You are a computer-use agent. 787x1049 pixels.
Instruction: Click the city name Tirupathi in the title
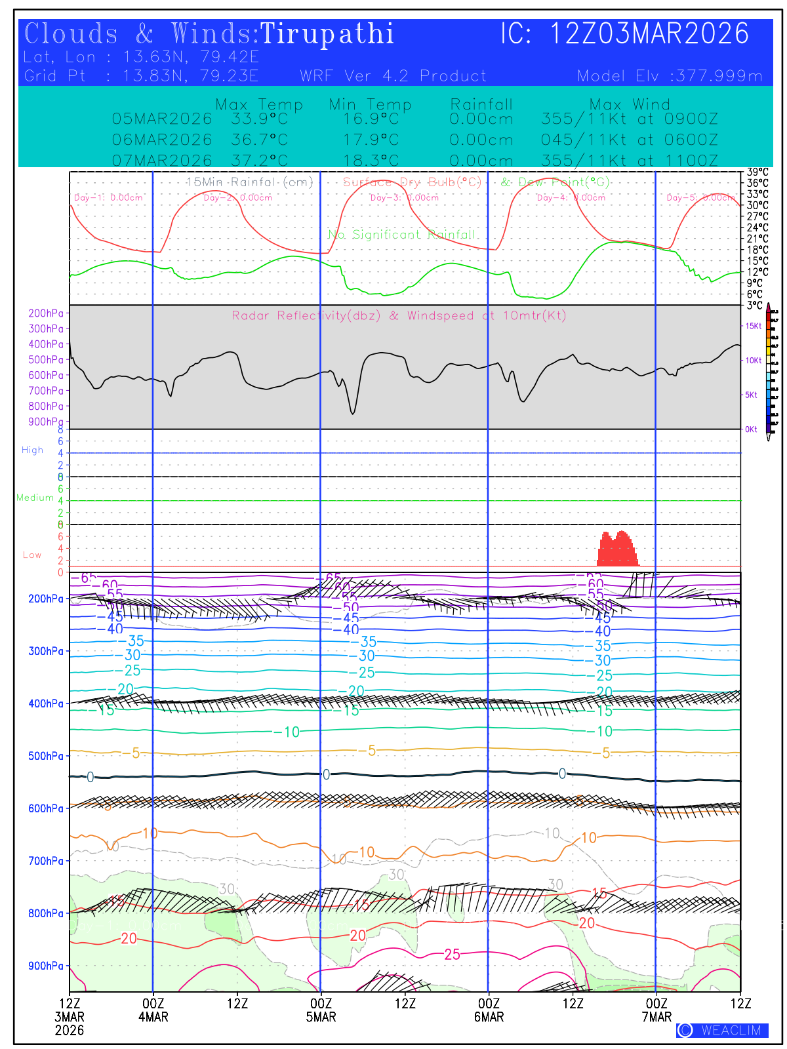[x=327, y=34]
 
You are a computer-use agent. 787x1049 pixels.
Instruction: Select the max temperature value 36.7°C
[x=259, y=140]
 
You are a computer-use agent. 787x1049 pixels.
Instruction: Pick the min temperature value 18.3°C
[x=371, y=161]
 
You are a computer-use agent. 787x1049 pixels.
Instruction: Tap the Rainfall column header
[x=481, y=104]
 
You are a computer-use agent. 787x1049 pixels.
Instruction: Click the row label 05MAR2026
[x=162, y=119]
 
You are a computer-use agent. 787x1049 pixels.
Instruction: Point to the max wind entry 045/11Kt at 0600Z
[x=629, y=140]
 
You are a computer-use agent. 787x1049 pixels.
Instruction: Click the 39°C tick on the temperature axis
[x=757, y=172]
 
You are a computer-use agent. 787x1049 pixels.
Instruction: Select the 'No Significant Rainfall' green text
[x=401, y=234]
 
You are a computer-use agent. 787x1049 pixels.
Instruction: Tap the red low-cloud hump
[x=616, y=549]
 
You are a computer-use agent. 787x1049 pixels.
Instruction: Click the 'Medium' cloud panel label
[x=35, y=498]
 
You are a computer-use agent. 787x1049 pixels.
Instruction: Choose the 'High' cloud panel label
[x=32, y=450]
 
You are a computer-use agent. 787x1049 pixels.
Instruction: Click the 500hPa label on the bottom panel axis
[x=46, y=756]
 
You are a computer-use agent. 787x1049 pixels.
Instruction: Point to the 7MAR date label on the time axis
[x=656, y=1017]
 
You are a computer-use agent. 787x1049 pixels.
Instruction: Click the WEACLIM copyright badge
[x=722, y=1030]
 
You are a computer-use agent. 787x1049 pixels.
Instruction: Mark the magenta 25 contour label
[x=453, y=955]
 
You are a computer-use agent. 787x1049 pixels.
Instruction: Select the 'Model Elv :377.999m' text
[x=670, y=76]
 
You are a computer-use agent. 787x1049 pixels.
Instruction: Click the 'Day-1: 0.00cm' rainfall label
[x=108, y=197]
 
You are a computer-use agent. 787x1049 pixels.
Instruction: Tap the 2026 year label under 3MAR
[x=70, y=1030]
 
